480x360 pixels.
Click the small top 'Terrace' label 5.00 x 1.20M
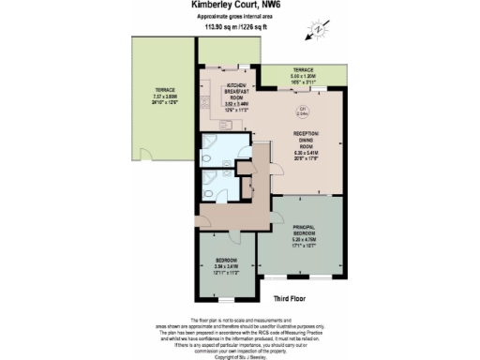point(303,76)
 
